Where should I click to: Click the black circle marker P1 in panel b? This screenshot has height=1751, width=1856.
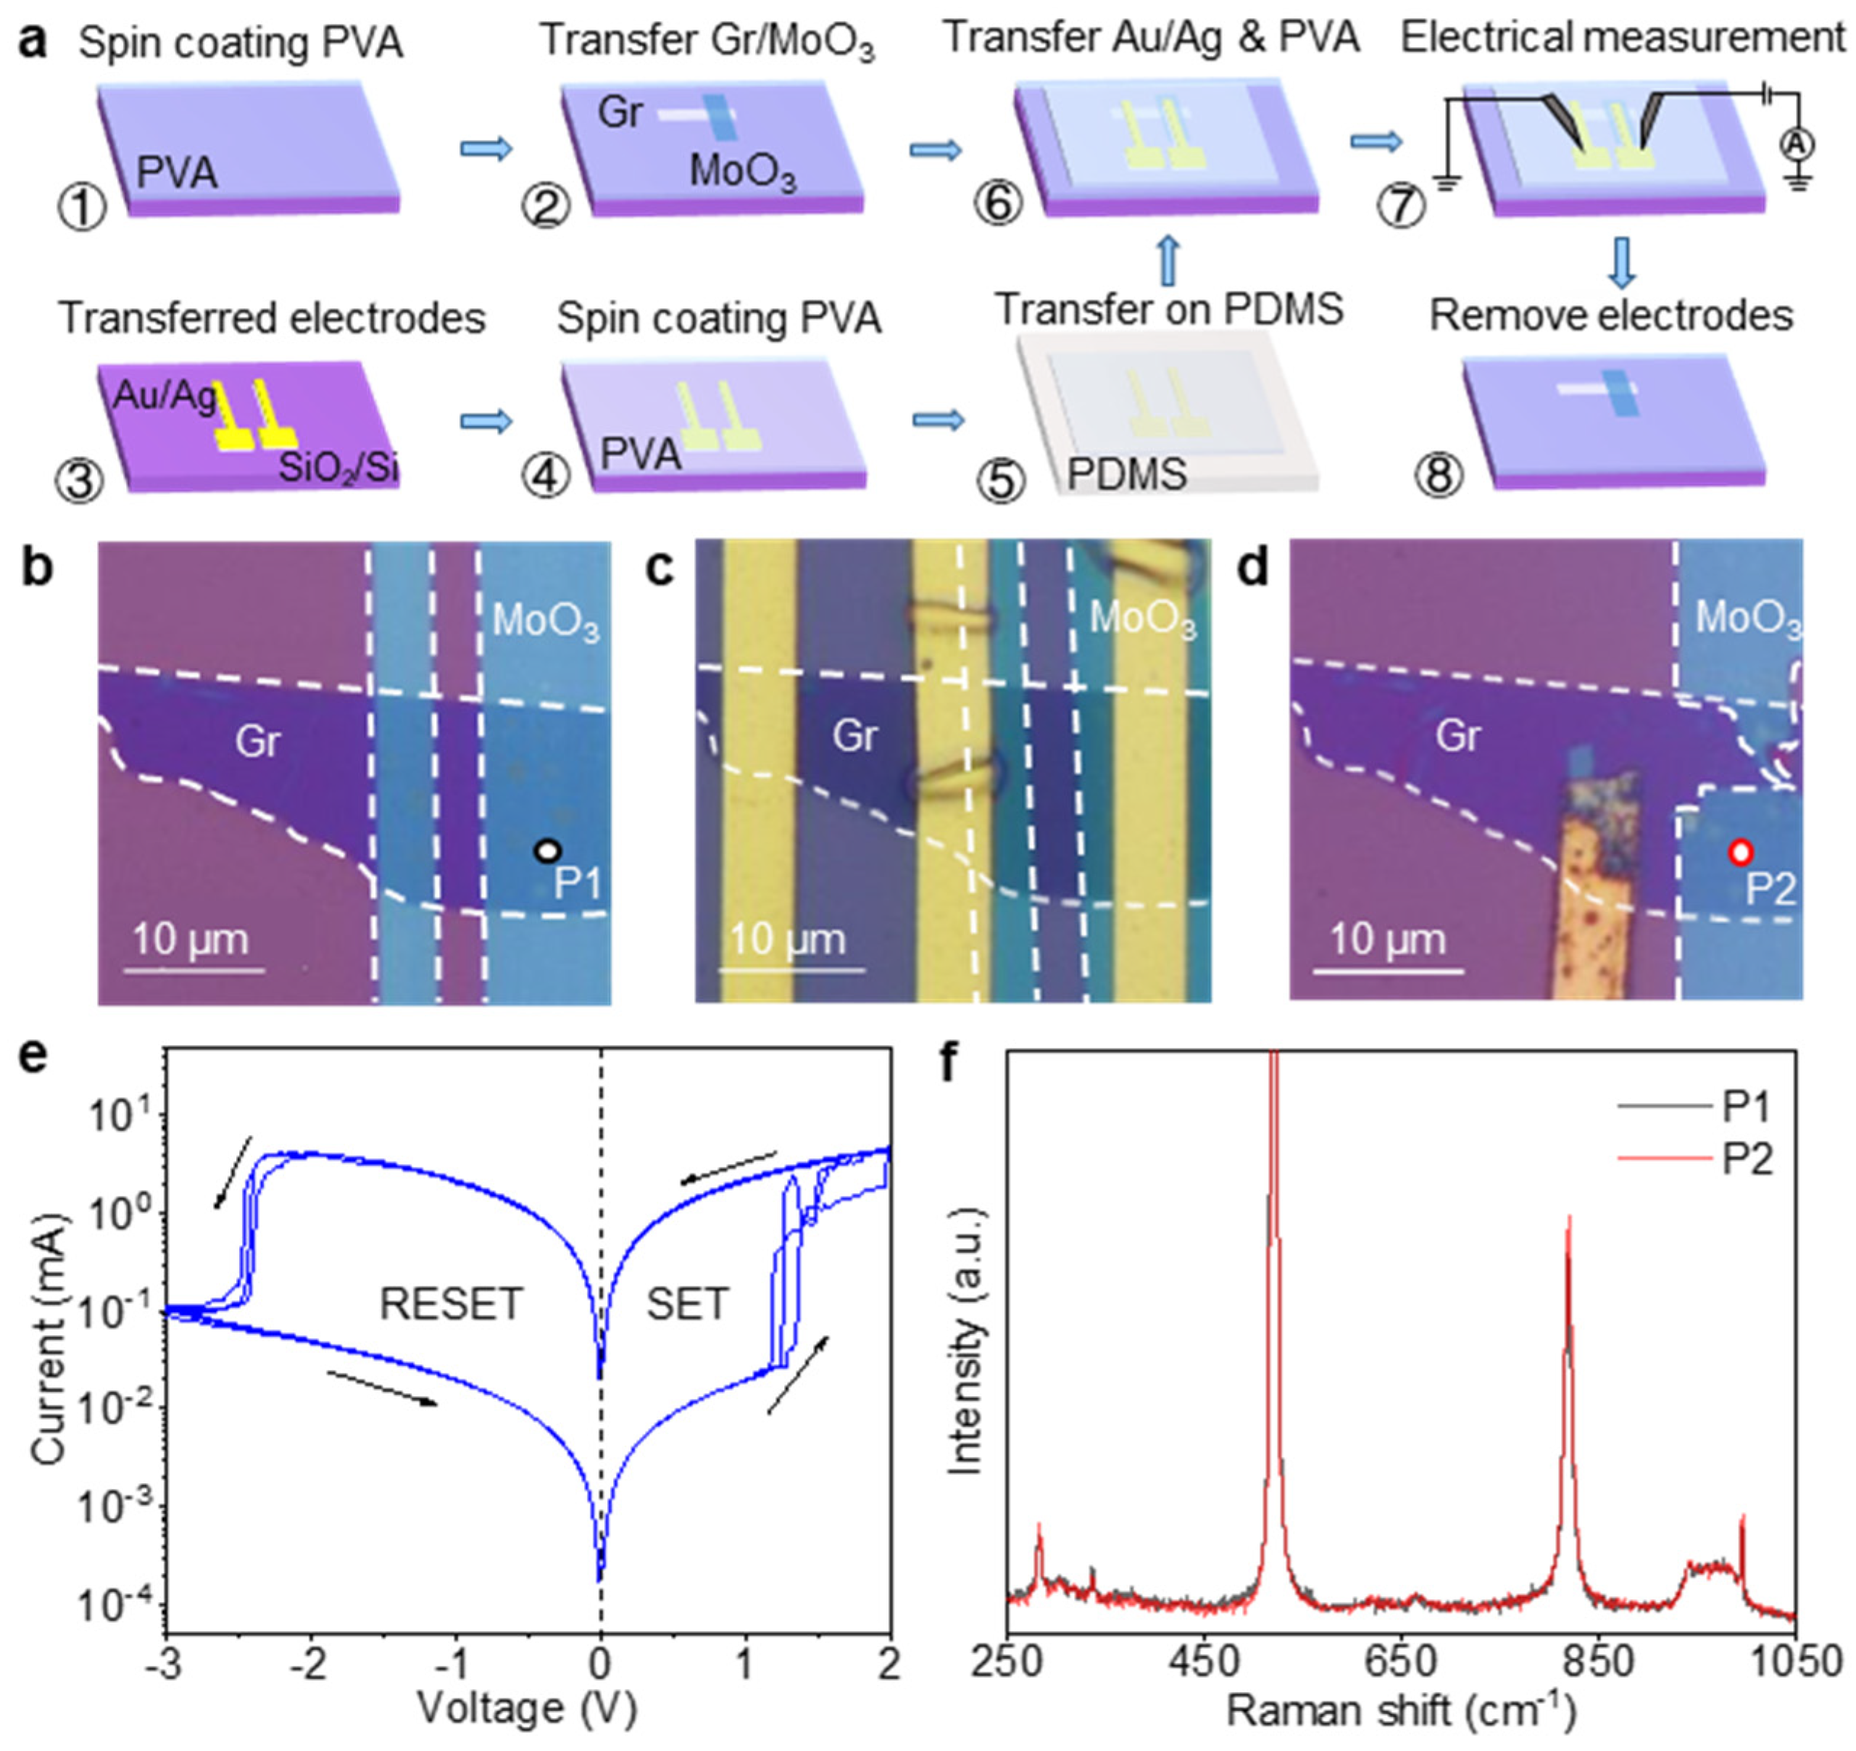[x=547, y=850]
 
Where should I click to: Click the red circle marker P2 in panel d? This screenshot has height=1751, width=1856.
[x=1740, y=852]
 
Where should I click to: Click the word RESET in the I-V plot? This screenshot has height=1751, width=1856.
[x=450, y=1304]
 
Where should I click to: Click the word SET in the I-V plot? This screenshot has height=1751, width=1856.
[x=687, y=1304]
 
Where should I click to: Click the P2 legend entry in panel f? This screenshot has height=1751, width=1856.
[x=1747, y=1160]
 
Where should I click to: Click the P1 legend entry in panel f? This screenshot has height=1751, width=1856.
[x=1747, y=1108]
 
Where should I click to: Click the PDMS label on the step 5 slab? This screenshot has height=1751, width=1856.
[x=1127, y=473]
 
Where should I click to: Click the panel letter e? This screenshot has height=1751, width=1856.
[x=33, y=1064]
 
